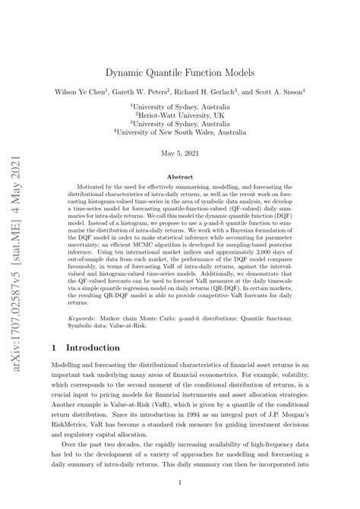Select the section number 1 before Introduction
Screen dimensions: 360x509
tap(55, 347)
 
